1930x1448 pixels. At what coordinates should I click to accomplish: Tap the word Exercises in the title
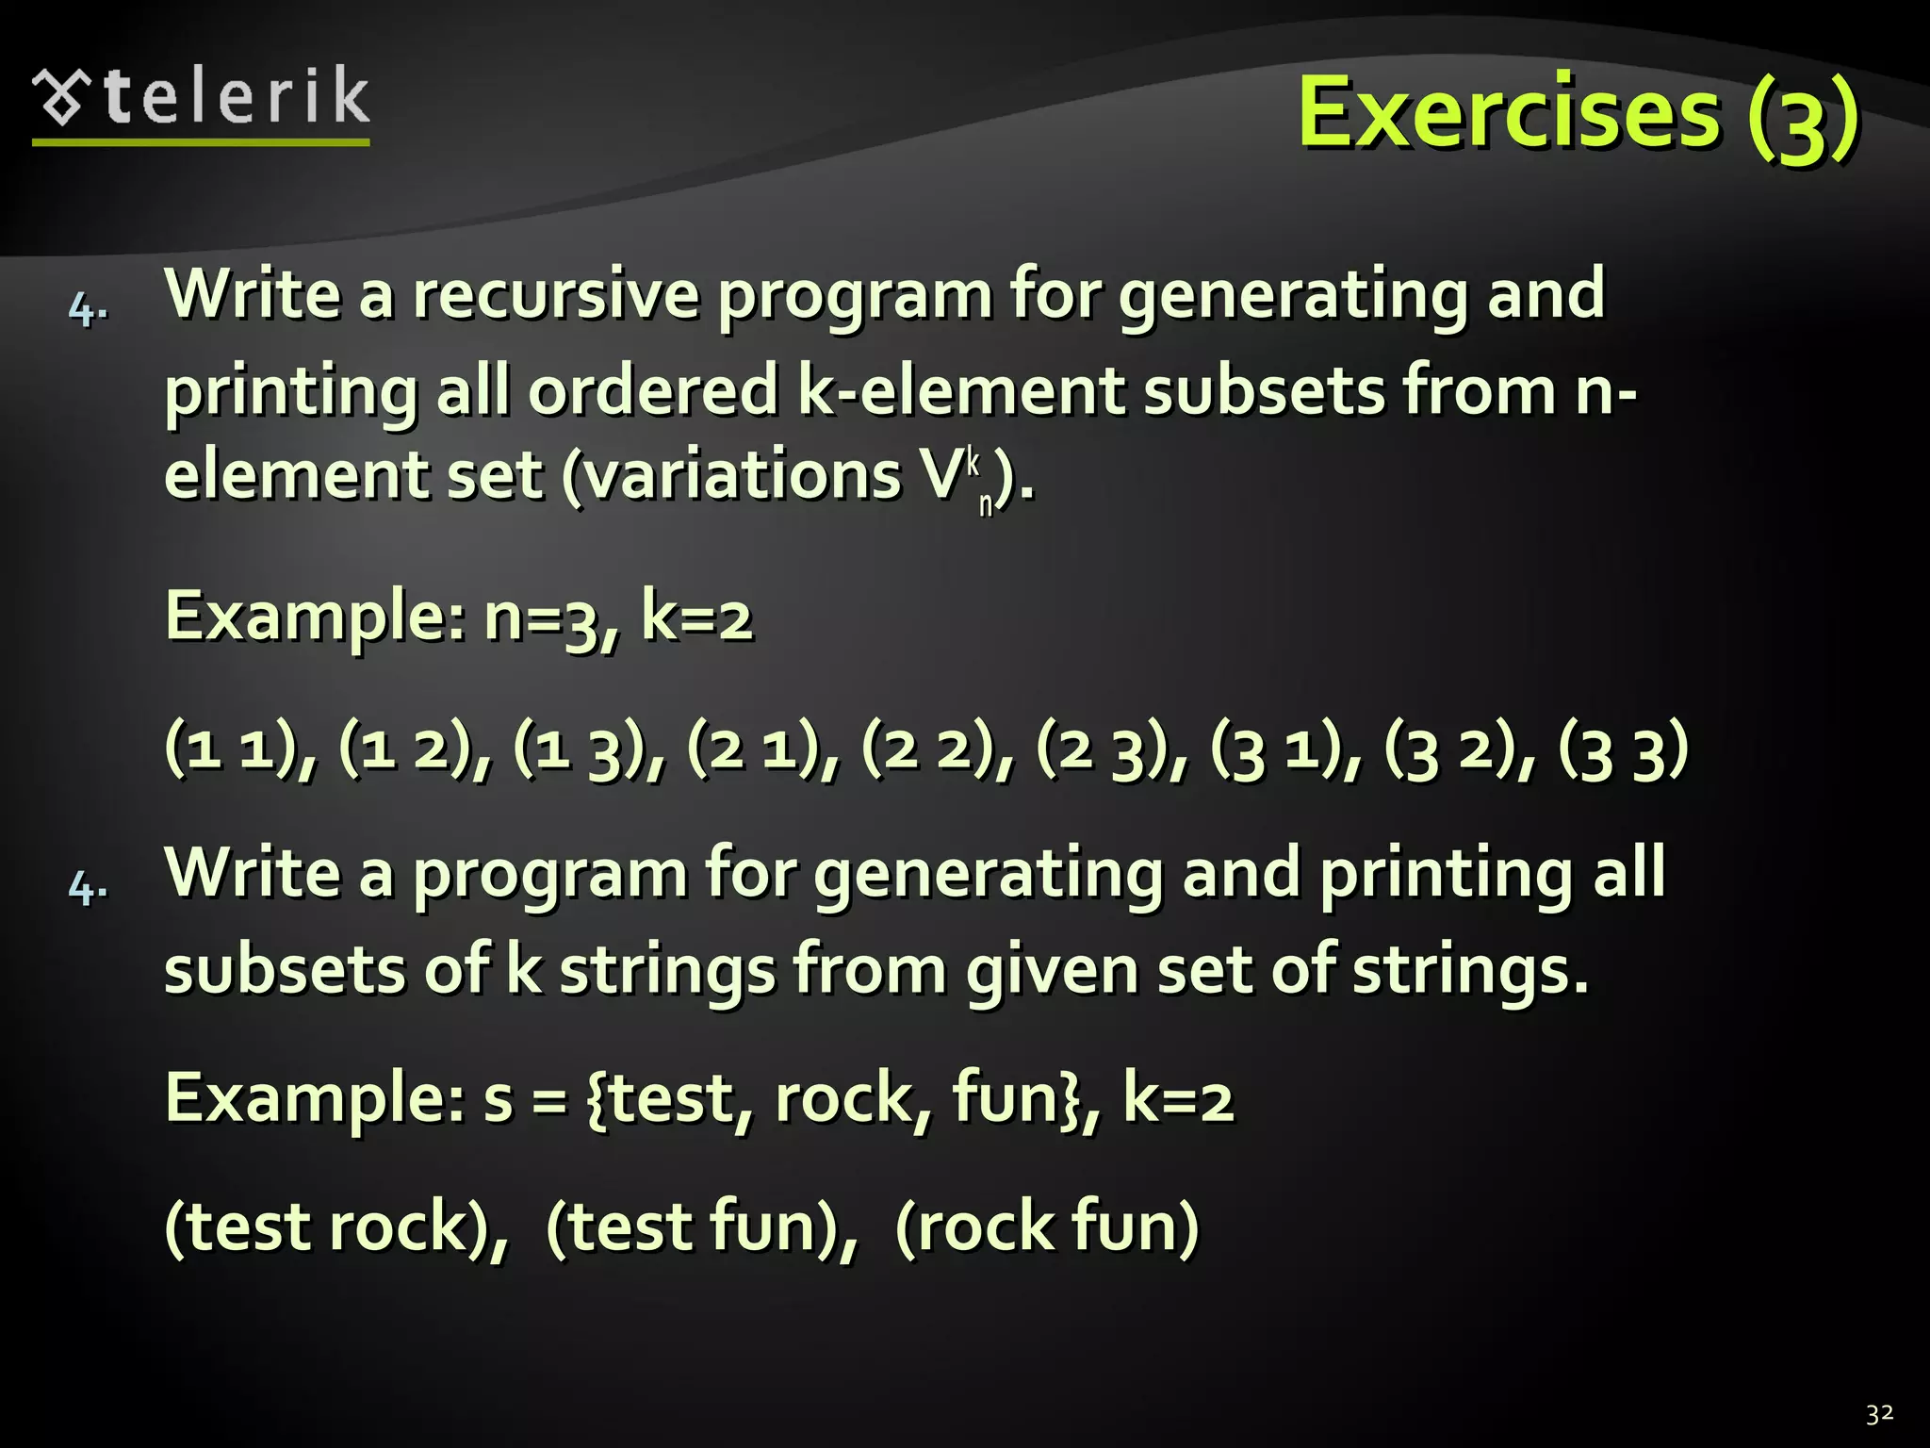point(1508,113)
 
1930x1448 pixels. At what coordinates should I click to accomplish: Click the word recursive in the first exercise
point(556,294)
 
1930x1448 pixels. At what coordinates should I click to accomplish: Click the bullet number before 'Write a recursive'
point(88,309)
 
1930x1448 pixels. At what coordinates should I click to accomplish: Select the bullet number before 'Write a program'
point(88,888)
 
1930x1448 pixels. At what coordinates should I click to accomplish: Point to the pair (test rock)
point(334,1227)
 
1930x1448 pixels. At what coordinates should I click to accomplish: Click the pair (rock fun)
point(1046,1227)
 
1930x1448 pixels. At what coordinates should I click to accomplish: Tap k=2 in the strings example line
point(1178,1099)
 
